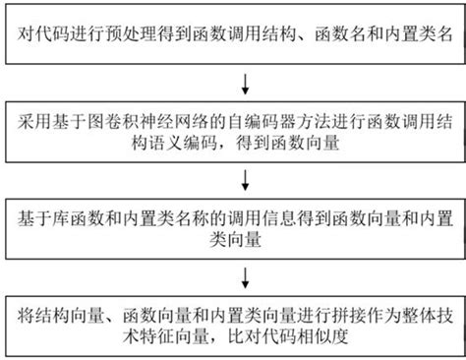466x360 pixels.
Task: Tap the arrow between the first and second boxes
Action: pyautogui.click(x=245, y=85)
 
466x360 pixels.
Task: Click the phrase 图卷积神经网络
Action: pyautogui.click(x=147, y=121)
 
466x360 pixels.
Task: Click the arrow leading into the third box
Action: pyautogui.click(x=245, y=180)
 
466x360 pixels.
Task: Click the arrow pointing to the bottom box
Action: pyautogui.click(x=245, y=278)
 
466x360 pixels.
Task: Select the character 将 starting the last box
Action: pyautogui.click(x=26, y=316)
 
